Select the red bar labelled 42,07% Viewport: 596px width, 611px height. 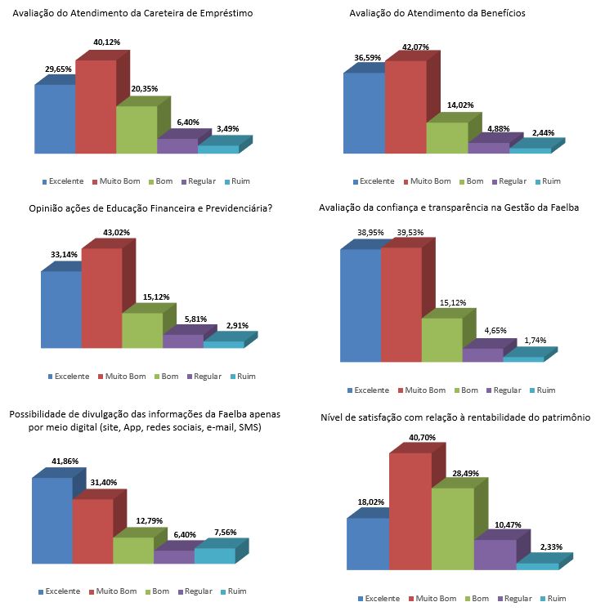coord(406,106)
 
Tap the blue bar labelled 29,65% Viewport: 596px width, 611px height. coord(54,118)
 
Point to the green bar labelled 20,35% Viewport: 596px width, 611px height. coord(136,129)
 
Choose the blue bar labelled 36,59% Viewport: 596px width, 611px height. coord(364,113)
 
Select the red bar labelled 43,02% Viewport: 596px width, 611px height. coord(101,298)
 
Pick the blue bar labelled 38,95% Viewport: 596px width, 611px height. coord(360,305)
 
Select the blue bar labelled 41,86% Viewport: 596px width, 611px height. coord(52,520)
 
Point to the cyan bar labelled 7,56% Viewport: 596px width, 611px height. coord(214,555)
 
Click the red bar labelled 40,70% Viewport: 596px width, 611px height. coord(410,511)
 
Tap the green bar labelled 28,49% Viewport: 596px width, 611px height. coord(452,528)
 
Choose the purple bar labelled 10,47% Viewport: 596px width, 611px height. coord(495,554)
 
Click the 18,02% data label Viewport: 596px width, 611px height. coord(365,502)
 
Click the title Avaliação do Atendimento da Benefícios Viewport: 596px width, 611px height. coord(437,14)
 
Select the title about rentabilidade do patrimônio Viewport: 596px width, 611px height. coord(455,418)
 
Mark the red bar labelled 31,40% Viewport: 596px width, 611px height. coord(92,531)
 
